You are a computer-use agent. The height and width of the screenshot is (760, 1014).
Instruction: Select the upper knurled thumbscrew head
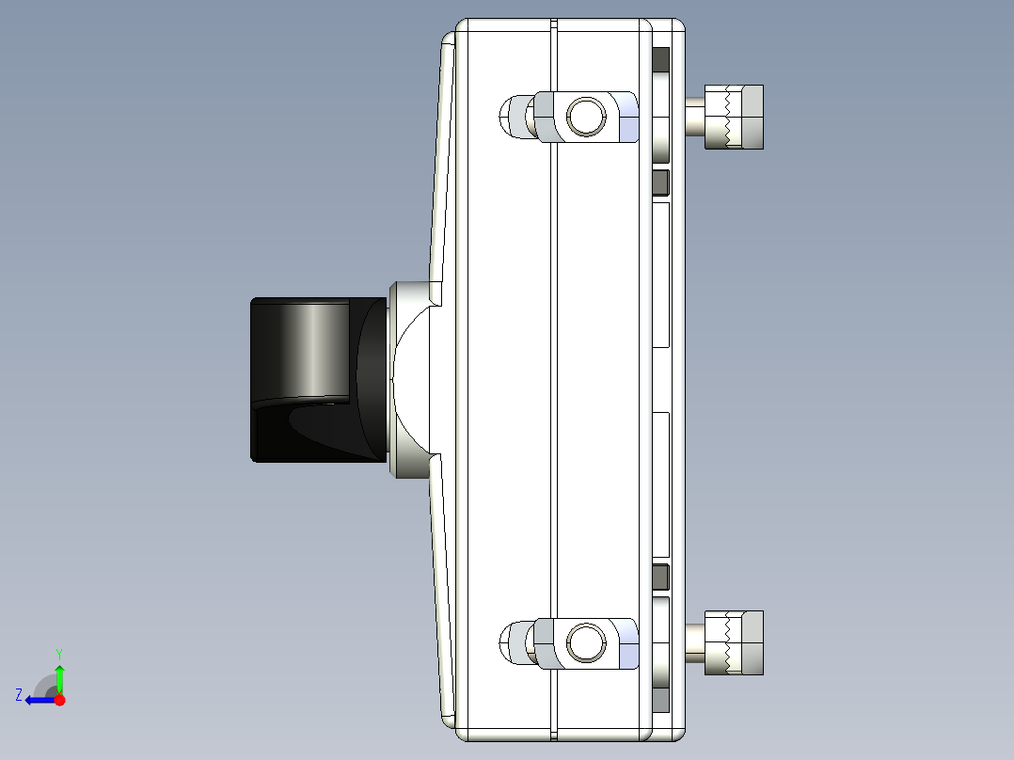[741, 117]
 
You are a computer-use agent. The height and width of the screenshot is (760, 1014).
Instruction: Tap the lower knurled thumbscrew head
[741, 643]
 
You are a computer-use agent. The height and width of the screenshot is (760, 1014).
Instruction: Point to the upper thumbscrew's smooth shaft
[694, 118]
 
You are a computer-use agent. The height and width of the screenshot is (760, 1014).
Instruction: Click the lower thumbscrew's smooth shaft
[694, 643]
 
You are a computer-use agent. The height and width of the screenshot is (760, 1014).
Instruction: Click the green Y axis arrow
[59, 678]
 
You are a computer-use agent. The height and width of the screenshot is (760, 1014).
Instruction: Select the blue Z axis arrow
[39, 700]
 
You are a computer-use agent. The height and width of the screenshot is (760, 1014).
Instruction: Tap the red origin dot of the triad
[59, 700]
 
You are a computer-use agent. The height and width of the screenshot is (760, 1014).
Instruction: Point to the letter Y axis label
[59, 653]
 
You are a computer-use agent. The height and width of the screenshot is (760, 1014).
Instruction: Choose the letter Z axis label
[19, 695]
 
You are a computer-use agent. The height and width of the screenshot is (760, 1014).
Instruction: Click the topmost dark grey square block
[660, 60]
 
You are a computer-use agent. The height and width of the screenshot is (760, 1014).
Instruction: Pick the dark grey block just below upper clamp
[660, 182]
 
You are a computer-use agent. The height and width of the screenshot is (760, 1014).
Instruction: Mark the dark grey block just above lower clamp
[660, 576]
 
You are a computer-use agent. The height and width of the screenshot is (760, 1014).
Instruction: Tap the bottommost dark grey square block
[660, 699]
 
